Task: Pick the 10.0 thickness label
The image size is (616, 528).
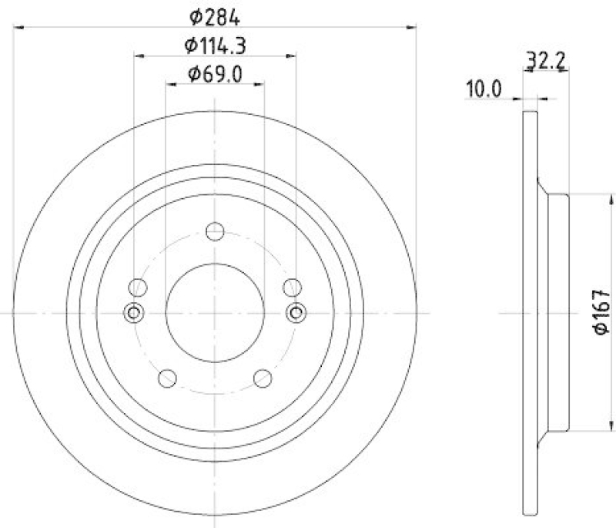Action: coord(483,89)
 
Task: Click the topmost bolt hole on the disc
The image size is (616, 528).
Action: coord(216,231)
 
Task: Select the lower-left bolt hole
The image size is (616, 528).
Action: coord(166,377)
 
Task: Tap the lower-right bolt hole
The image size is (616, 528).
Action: coord(263,377)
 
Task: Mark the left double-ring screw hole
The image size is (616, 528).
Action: coord(134,312)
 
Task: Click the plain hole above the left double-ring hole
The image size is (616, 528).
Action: coord(138,288)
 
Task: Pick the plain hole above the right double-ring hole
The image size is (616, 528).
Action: coord(291,288)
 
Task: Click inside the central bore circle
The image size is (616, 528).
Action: coord(216,312)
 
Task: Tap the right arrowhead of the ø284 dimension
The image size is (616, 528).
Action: coord(412,28)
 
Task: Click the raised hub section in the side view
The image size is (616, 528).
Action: coord(558,312)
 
